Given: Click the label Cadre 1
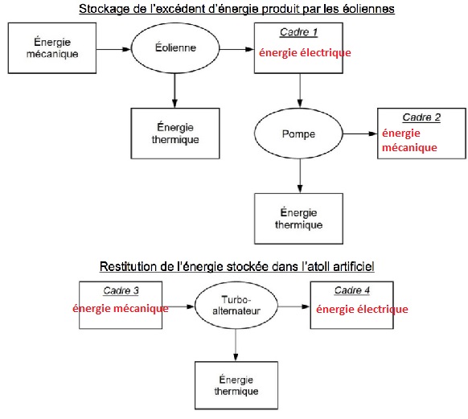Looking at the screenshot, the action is pos(298,32).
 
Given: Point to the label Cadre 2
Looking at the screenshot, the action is pos(421,117).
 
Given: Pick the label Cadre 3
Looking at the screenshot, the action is pos(121,290).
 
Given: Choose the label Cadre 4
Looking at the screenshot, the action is pos(352,290).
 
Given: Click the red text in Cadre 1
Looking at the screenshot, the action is pos(305,53).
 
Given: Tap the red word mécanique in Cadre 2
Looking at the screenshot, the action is pos(409,148).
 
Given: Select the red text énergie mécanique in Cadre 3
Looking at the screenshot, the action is pos(121,309).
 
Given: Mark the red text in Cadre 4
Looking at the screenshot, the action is pos(362,309).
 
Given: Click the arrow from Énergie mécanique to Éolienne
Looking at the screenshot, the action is pos(113,49).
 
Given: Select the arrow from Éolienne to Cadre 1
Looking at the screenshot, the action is pos(237,49).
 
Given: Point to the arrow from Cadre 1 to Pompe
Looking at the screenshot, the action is pos(300,90).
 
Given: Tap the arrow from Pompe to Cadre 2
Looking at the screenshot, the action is pos(360,134).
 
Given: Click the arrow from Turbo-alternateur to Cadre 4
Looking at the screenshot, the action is pos(294,306).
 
